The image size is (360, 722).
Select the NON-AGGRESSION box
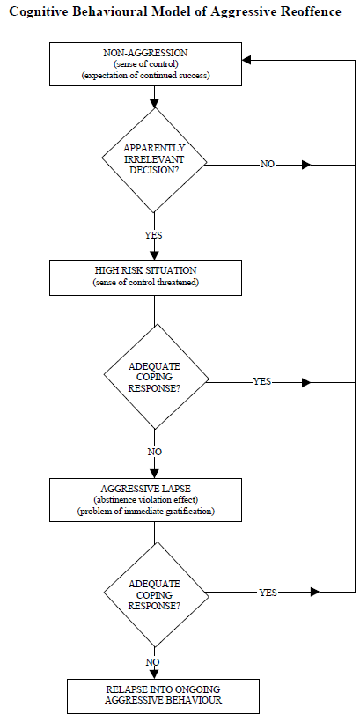pos(145,64)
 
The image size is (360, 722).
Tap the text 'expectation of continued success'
pos(145,76)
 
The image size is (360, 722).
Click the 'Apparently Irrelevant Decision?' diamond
pos(154,160)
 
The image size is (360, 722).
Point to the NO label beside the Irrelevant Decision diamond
pos(268,165)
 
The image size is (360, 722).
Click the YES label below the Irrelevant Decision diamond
pos(154,235)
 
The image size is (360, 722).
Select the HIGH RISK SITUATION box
pos(145,277)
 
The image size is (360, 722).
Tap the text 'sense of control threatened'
pos(146,283)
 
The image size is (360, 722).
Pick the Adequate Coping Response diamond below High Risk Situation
pos(155,377)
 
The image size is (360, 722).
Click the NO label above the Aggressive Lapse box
pos(155,452)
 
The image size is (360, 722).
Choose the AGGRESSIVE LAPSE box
pos(145,500)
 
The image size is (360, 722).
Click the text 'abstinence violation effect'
pos(146,500)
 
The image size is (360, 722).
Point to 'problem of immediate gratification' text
pos(146,511)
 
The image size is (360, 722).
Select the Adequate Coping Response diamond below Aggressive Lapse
pos(155,594)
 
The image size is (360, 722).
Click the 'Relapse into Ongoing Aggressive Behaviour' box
pos(163,696)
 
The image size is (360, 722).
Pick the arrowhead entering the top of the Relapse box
pos(154,674)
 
